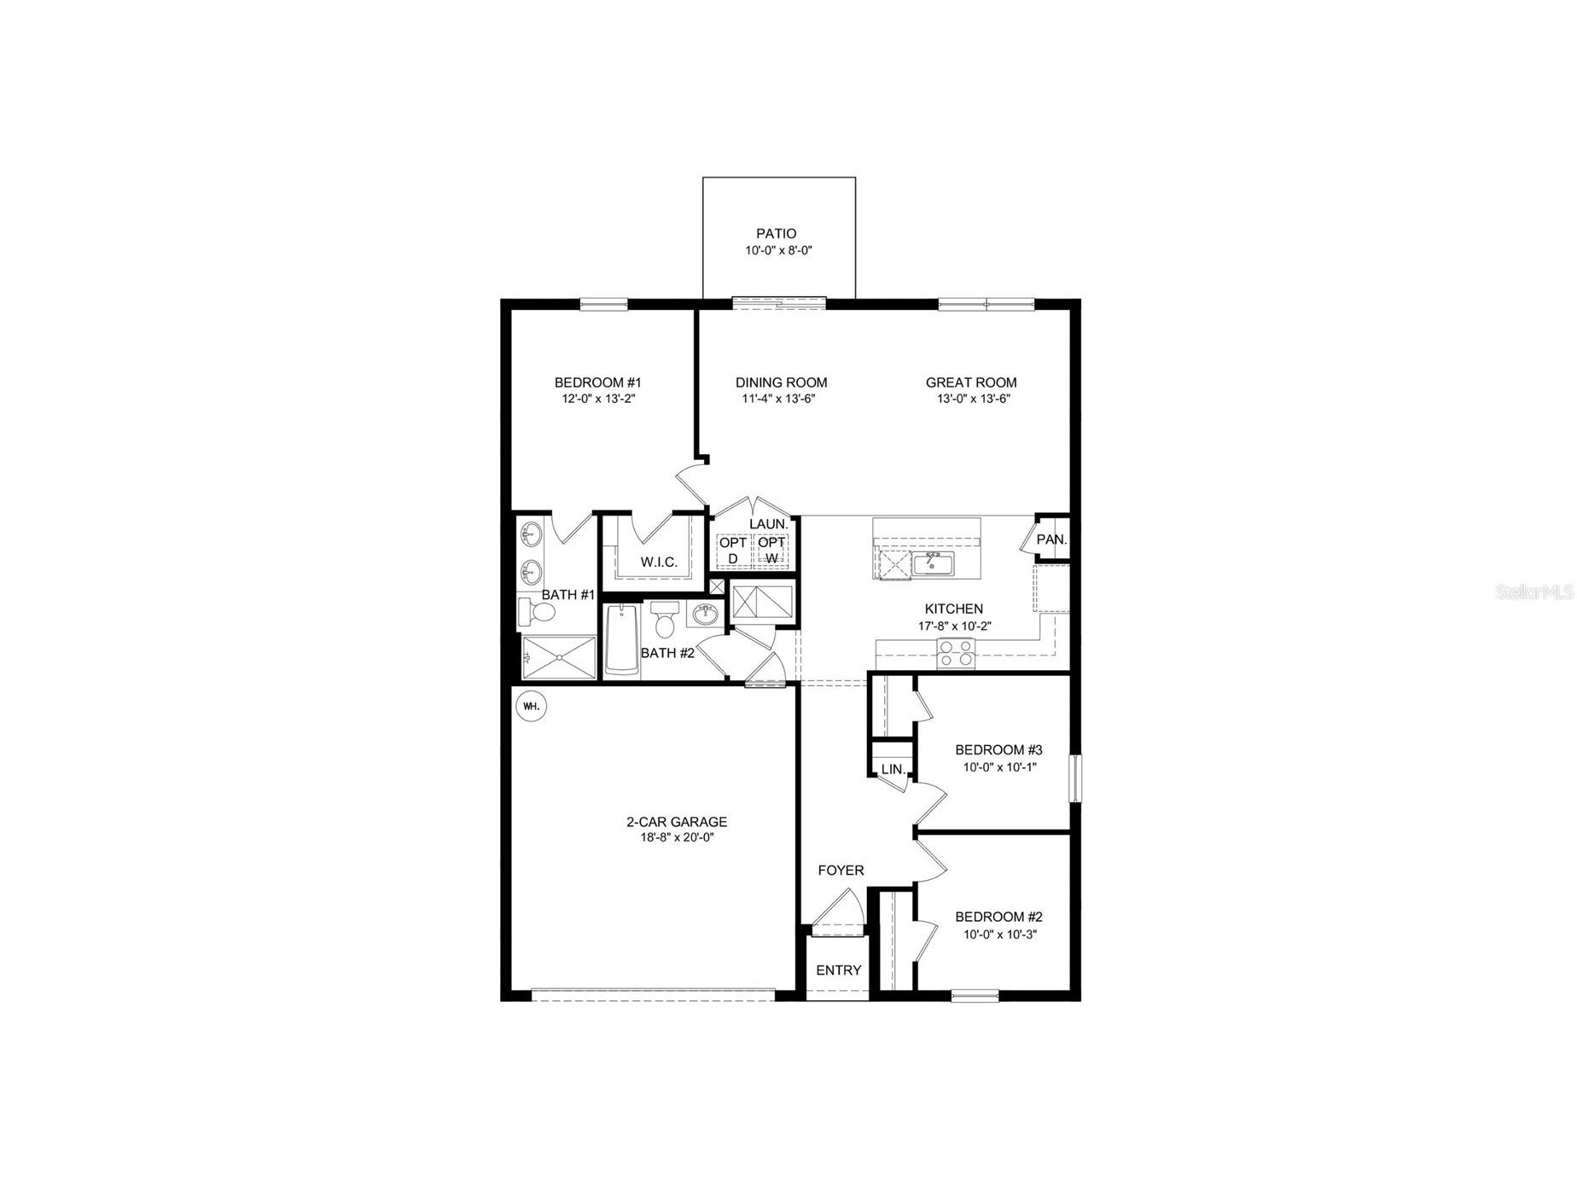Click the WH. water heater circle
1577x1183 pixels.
(x=531, y=707)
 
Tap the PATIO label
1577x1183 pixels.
(x=776, y=234)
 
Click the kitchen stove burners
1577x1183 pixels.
(x=956, y=654)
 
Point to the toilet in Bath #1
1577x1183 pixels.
(x=538, y=612)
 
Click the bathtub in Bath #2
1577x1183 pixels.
(x=621, y=641)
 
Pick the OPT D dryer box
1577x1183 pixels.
(x=732, y=551)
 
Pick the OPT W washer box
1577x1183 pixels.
(x=771, y=551)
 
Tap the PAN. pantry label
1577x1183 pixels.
(x=1051, y=540)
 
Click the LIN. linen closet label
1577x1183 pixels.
(x=893, y=769)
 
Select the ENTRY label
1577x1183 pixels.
(x=838, y=970)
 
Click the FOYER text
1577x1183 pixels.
(x=841, y=871)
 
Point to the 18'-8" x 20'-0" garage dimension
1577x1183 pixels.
(x=676, y=838)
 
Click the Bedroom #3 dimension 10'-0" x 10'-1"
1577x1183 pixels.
(x=998, y=766)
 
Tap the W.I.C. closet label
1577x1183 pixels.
(x=659, y=562)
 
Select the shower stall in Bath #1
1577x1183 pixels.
(x=559, y=657)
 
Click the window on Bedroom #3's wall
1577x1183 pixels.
(x=1076, y=778)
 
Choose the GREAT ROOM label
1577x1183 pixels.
(x=970, y=383)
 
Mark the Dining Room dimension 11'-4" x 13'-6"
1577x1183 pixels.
(x=780, y=399)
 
